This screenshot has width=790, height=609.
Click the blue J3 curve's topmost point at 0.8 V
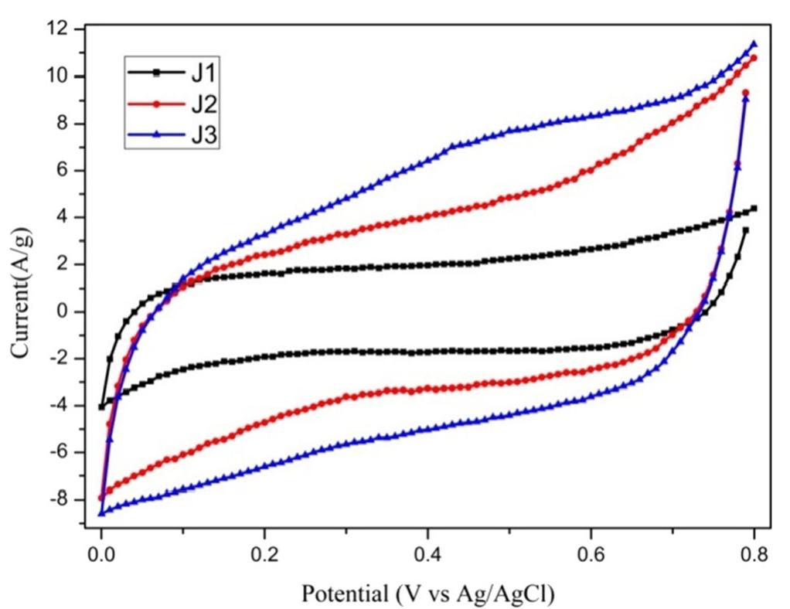[x=754, y=44]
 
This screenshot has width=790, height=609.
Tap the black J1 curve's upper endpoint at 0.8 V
[x=754, y=209]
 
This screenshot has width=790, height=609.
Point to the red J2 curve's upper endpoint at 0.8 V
[x=754, y=58]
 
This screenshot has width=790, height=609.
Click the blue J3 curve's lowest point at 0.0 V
[x=101, y=513]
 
